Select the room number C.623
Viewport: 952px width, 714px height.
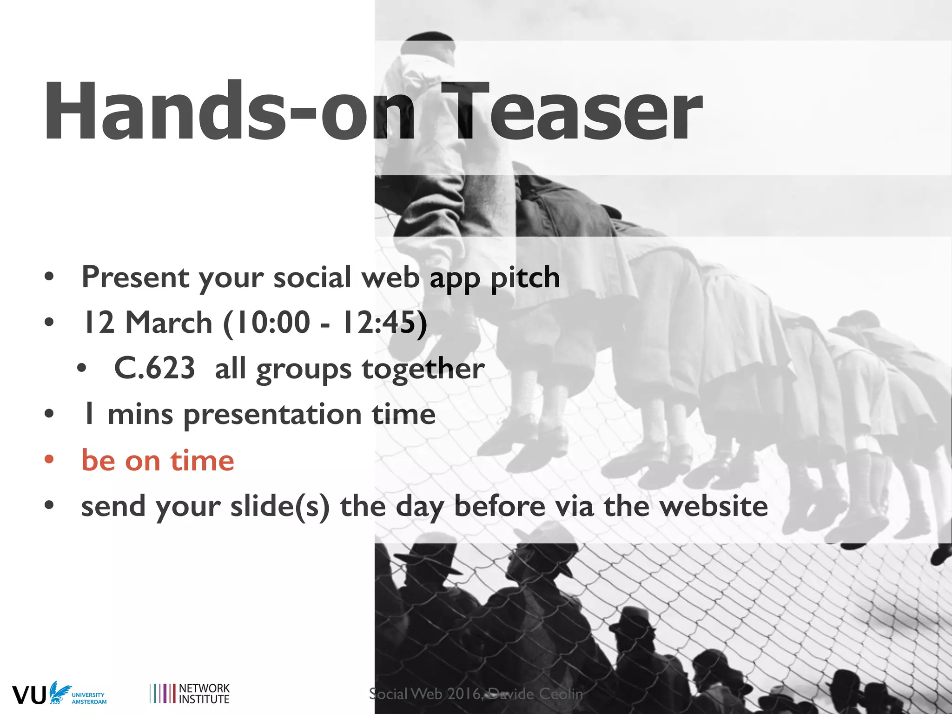coord(154,369)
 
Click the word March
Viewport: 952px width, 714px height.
coord(169,322)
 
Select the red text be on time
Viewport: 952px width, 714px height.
coord(158,461)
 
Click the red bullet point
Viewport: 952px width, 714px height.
coord(49,460)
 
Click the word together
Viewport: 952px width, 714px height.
coord(423,369)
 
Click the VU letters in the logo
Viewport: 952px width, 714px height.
coord(29,694)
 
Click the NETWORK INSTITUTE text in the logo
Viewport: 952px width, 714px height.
coord(204,694)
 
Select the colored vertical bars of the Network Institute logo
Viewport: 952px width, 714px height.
coord(162,693)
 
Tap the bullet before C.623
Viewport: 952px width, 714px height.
coord(82,369)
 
